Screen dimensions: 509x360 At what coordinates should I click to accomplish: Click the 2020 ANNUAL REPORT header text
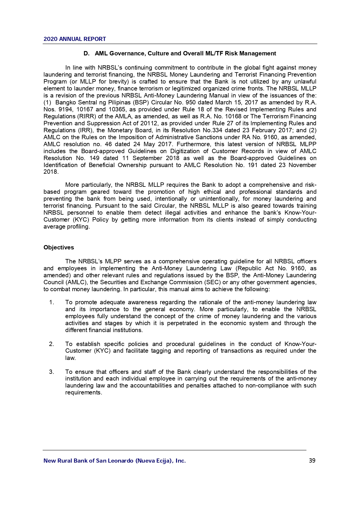click(75, 39)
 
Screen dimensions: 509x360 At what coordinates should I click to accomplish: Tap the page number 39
click(312, 461)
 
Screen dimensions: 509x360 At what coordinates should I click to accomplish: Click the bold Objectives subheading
click(59, 247)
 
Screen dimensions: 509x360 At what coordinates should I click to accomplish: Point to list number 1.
click(52, 302)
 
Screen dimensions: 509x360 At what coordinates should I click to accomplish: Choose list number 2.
click(52, 344)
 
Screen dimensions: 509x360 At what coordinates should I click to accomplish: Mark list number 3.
click(52, 372)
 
